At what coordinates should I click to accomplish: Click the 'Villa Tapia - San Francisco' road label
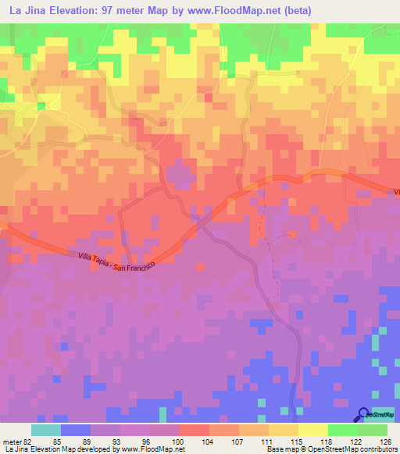(x=116, y=261)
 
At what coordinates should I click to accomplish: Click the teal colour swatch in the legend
(x=46, y=431)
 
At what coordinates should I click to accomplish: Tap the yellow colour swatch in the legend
(x=312, y=431)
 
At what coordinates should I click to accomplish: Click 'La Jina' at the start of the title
(x=26, y=9)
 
